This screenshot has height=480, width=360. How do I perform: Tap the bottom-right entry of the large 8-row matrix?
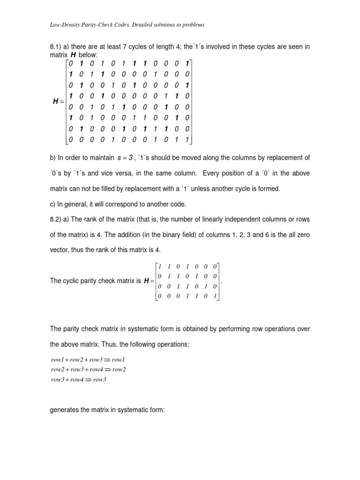(187, 139)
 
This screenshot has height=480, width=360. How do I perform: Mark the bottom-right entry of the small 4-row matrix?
(215, 296)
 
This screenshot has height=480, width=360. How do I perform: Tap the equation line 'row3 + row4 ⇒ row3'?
(79, 380)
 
